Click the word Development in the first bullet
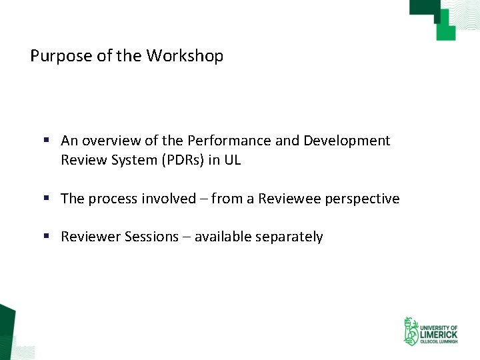pos(347,141)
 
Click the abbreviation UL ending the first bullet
pos(232,160)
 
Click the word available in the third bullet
pos(224,237)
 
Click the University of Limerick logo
pos(430,331)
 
